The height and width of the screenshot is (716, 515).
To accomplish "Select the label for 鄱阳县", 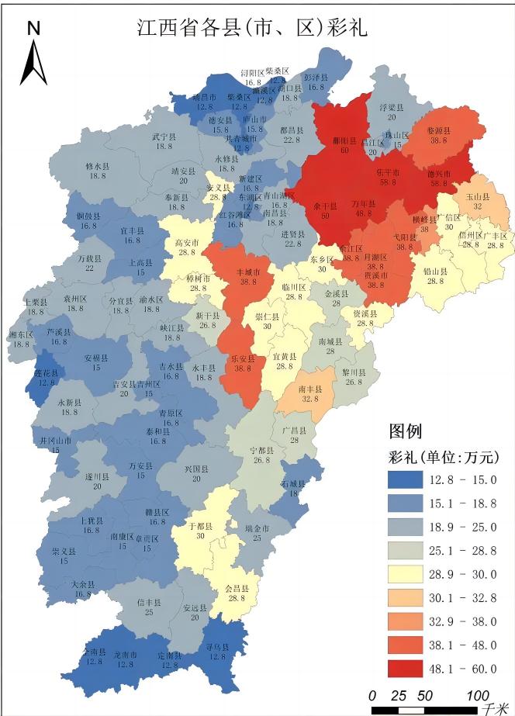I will tap(343, 142).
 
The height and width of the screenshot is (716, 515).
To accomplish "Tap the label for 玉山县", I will tap(473, 198).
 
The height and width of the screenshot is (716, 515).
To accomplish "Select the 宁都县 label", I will tap(261, 450).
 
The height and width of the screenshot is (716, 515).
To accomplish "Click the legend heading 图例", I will tap(405, 431).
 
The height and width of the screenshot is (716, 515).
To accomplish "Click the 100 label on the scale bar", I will tap(478, 694).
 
